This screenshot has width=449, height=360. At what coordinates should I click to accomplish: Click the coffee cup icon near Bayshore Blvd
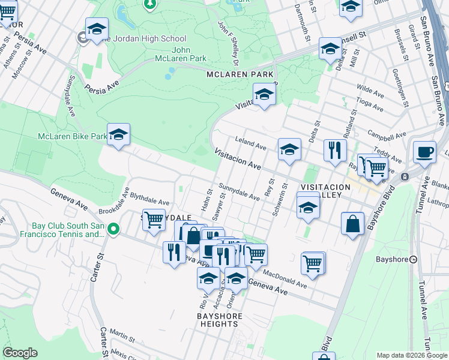pyautogui.click(x=424, y=152)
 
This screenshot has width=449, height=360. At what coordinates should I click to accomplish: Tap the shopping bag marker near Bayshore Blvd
pyautogui.click(x=353, y=224)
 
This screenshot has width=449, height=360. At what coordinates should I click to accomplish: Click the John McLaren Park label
pyautogui.click(x=189, y=54)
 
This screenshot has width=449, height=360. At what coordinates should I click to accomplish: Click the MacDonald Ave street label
pyautogui.click(x=285, y=280)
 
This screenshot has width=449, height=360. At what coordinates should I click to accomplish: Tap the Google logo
pyautogui.click(x=20, y=353)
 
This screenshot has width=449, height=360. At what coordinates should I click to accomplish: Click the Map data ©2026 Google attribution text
pyautogui.click(x=412, y=355)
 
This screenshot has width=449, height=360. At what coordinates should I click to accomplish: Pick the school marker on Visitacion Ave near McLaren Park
pyautogui.click(x=264, y=94)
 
